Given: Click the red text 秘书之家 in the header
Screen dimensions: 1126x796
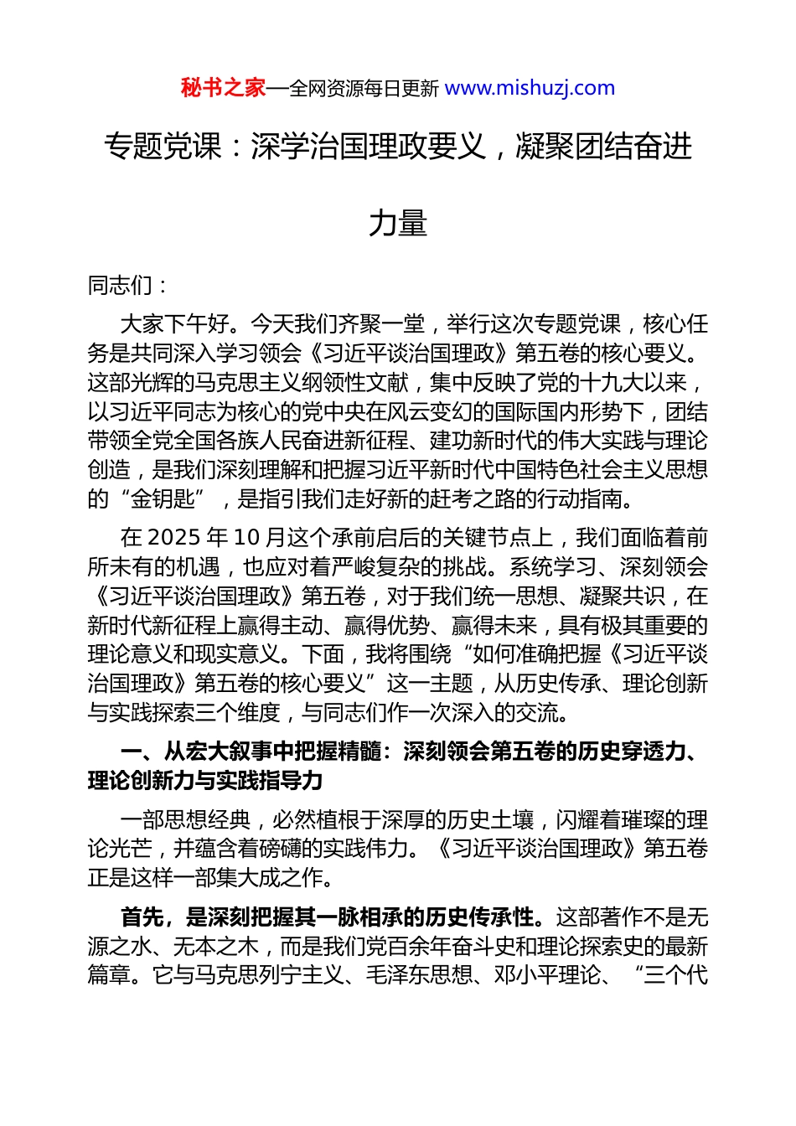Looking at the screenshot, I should point(223,88).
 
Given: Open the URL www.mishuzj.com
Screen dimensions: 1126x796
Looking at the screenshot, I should point(530,88).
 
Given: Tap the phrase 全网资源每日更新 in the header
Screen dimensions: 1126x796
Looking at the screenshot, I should point(364,89).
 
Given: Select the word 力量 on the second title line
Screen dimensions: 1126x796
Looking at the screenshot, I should point(398,223).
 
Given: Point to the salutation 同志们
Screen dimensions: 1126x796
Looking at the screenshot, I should point(120,286).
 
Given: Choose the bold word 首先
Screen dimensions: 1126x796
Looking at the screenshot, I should point(142,917).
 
